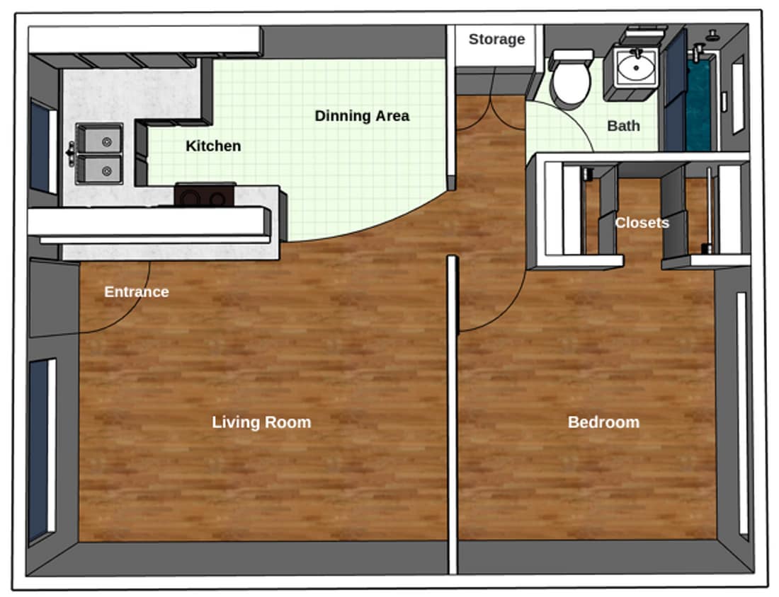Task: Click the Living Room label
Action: [261, 422]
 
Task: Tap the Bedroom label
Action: [603, 422]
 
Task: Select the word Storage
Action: [496, 39]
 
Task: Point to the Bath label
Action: [623, 126]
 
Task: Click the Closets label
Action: [642, 223]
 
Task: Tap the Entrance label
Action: [136, 291]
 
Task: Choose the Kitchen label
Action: [213, 146]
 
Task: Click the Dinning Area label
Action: [362, 115]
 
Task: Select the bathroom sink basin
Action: [635, 68]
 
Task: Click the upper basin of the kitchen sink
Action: [100, 138]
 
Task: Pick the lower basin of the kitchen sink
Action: [100, 170]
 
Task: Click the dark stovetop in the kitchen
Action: [205, 195]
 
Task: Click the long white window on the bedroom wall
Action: [741, 414]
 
